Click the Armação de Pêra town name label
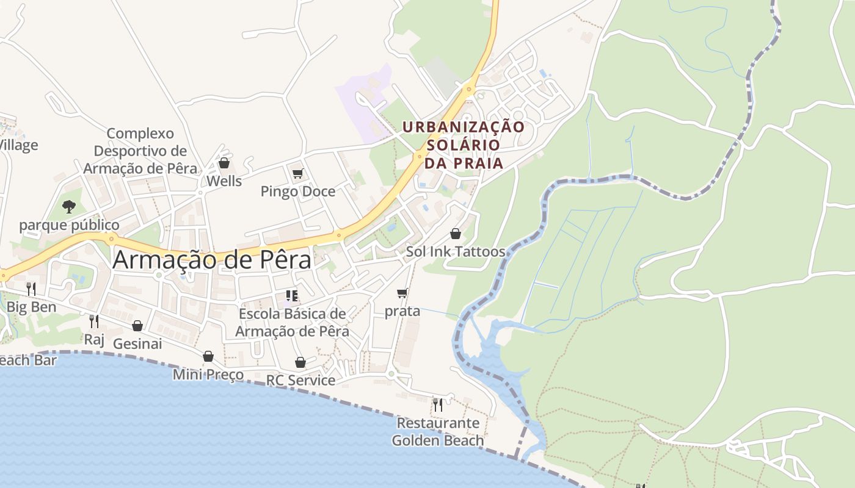coord(212,260)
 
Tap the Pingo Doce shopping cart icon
coord(297,174)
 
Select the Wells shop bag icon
coord(224,163)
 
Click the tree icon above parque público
coord(69,207)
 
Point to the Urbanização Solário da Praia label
coord(464,145)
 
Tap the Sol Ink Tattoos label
coord(456,251)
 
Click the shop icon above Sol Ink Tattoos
coord(455,234)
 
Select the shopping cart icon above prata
coord(402,293)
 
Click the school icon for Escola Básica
coord(292,296)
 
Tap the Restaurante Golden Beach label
coord(438,431)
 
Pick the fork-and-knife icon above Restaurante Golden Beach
coord(437,404)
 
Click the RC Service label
coord(300,380)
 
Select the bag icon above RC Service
coord(300,362)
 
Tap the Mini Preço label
coord(208,374)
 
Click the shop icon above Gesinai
coord(137,326)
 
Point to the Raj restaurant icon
coord(93,321)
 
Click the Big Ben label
coord(31,307)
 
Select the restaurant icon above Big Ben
coord(31,289)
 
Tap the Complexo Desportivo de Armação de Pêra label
coord(140,151)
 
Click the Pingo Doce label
coord(298,192)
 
